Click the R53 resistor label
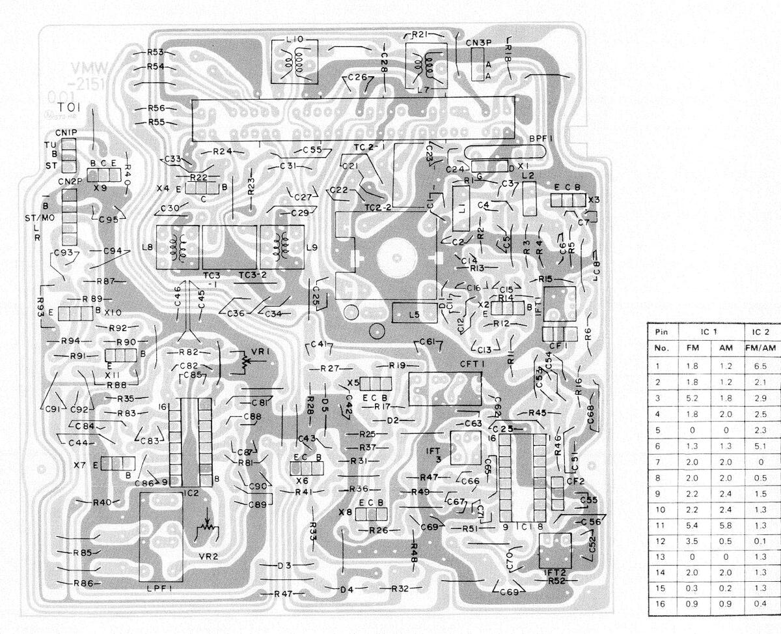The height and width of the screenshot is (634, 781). pyautogui.click(x=155, y=51)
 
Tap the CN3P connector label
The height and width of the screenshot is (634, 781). pyautogui.click(x=478, y=43)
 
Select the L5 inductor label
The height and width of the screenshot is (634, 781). pyautogui.click(x=414, y=315)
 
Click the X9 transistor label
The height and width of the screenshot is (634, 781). pyautogui.click(x=100, y=187)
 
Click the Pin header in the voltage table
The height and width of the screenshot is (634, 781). pyautogui.click(x=660, y=332)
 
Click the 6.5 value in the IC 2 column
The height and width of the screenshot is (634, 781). pyautogui.click(x=760, y=366)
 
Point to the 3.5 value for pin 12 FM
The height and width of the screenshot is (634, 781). pyautogui.click(x=692, y=541)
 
